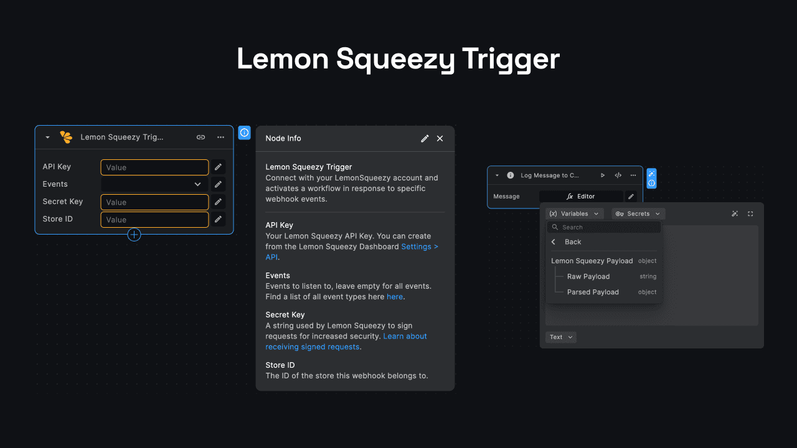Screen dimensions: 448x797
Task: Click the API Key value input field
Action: coord(154,167)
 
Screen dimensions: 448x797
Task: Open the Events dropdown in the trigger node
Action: coord(154,185)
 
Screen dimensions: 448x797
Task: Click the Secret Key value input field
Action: coord(154,202)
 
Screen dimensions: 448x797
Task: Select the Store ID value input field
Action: coord(154,220)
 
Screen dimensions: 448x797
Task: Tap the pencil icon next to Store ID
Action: coord(218,220)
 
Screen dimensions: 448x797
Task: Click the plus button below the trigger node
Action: coord(134,235)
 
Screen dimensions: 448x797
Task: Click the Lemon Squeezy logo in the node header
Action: coord(66,138)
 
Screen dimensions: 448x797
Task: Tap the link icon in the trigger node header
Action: coord(200,138)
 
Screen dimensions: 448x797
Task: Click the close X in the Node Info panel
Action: coord(440,139)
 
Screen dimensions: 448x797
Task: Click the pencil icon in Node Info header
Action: coord(425,139)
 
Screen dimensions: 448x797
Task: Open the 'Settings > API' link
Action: coord(419,247)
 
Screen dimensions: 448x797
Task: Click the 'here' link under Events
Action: coord(394,297)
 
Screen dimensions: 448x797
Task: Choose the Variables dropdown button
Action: coord(575,214)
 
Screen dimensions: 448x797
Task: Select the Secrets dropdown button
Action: coord(638,214)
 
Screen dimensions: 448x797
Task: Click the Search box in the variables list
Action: coord(604,228)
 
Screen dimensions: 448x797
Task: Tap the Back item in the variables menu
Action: coord(572,242)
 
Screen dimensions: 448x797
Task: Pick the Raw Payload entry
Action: coord(588,277)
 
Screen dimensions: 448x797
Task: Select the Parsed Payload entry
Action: coord(593,292)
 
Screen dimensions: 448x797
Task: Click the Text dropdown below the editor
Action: coord(560,337)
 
